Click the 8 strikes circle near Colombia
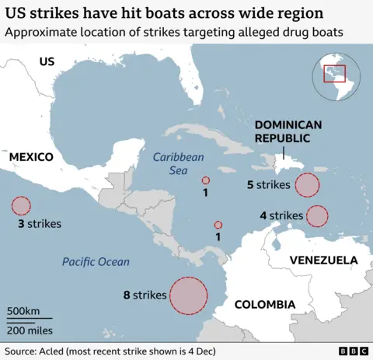188,295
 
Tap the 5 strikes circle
308,185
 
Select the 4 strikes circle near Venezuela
317,215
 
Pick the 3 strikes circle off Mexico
21,206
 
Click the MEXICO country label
31,157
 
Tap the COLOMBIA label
265,303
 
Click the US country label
47,61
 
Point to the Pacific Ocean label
96,262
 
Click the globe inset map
335,75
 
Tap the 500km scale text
23,311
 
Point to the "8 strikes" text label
145,295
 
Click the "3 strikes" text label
39,223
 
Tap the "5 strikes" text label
269,185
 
